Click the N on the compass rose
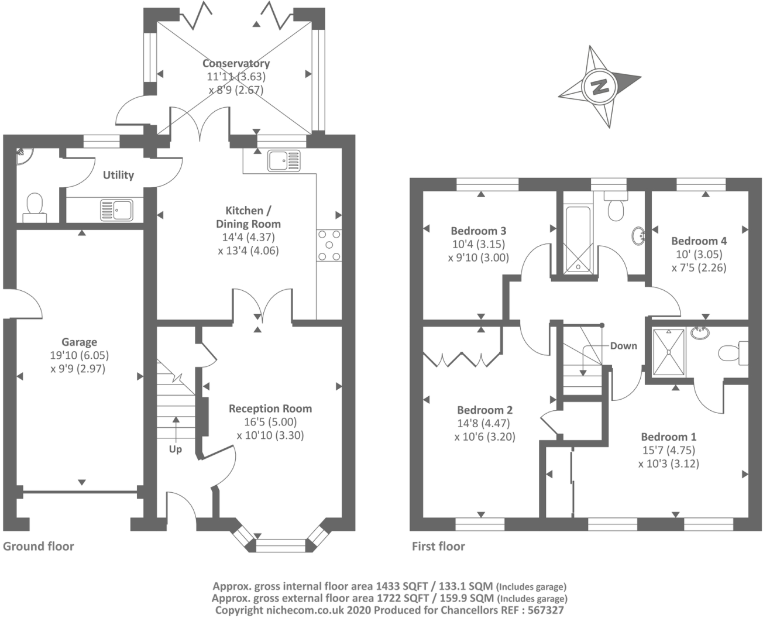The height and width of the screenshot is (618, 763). click(x=600, y=87)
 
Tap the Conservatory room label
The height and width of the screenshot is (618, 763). click(x=236, y=63)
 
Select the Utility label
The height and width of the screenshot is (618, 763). click(x=118, y=175)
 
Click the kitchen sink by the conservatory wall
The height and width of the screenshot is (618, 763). click(x=284, y=161)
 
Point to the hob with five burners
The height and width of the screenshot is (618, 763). click(x=329, y=245)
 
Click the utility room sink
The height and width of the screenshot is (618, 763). click(x=117, y=210)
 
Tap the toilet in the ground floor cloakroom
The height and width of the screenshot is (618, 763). click(x=35, y=208)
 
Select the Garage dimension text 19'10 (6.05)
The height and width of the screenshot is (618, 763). click(x=79, y=355)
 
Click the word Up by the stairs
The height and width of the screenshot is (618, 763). click(x=176, y=449)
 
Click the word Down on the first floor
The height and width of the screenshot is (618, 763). click(x=624, y=346)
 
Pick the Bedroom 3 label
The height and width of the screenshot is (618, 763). click(x=479, y=231)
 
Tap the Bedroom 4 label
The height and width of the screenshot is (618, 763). click(x=699, y=241)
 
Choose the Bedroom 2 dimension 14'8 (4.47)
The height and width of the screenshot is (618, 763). click(x=483, y=424)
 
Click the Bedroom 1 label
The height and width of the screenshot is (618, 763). click(x=669, y=437)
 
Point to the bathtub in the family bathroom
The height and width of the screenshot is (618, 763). click(x=578, y=239)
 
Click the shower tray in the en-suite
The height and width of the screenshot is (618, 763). click(x=668, y=352)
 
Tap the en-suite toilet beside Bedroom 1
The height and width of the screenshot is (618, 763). click(x=733, y=353)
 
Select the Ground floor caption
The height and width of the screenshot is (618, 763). click(x=39, y=547)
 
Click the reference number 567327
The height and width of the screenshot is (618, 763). click(x=545, y=610)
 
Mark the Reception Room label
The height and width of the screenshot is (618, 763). click(x=270, y=408)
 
